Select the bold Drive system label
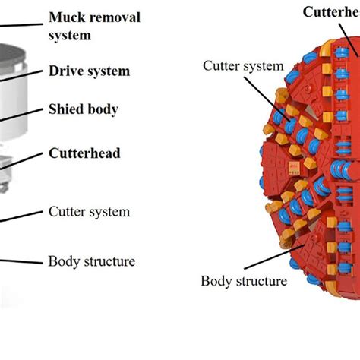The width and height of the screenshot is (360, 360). [x=89, y=71]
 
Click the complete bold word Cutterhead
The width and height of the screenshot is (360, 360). [x=84, y=153]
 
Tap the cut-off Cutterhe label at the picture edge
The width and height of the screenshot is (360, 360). [x=331, y=11]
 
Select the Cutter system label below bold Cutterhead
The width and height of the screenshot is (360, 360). [x=89, y=212]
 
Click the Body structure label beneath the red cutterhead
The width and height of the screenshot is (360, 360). [x=244, y=281]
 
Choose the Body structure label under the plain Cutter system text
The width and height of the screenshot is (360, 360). [x=91, y=261]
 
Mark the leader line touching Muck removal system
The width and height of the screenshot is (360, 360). [x=26, y=25]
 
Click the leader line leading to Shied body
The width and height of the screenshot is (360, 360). [x=23, y=115]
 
